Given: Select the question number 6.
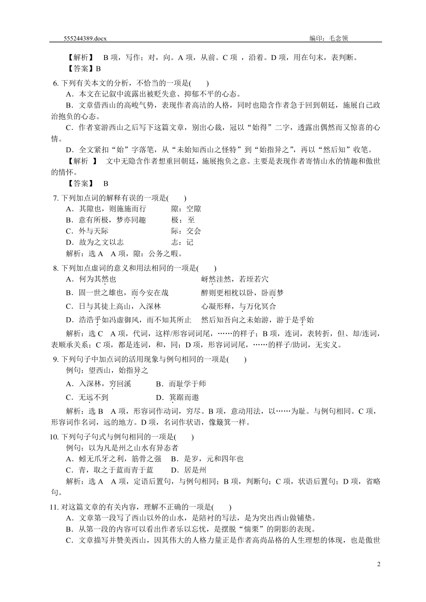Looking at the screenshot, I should click(55, 83).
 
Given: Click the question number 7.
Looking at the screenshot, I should click(55, 198).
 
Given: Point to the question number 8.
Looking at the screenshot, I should click(55, 268).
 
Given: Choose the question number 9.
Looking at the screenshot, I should click(55, 359).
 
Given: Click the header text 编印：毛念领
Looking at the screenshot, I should click(329, 39).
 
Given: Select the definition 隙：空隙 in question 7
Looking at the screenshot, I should click(186, 209).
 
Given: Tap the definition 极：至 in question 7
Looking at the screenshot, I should click(183, 220).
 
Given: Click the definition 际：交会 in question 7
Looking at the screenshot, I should click(186, 231).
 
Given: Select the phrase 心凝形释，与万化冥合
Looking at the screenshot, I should click(239, 306).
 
